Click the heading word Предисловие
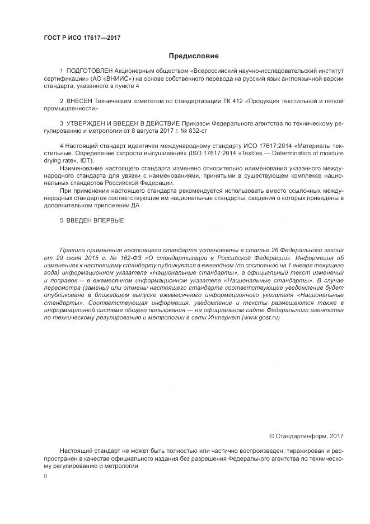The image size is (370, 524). click(x=194, y=56)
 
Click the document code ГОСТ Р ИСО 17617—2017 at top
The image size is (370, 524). click(x=82, y=38)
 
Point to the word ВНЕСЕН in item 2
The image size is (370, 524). click(x=79, y=101)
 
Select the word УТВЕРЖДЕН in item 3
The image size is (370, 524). click(x=92, y=122)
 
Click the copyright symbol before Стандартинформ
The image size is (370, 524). click(x=272, y=435)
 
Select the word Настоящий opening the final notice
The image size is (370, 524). click(x=76, y=451)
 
